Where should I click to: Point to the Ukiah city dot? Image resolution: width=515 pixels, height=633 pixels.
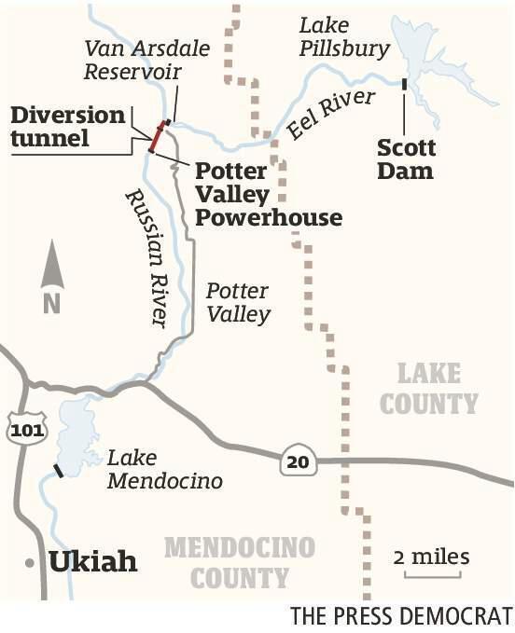tap(32, 563)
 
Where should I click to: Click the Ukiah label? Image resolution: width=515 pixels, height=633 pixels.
tap(93, 562)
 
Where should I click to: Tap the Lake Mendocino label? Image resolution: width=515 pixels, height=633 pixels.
tap(164, 469)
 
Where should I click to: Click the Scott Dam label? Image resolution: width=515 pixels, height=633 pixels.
tap(406, 159)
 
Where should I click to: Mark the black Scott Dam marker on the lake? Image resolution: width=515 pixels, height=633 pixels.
tap(403, 85)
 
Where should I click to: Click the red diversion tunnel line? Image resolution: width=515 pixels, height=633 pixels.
tap(158, 136)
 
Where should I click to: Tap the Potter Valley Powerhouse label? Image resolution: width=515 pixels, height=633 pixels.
tap(267, 195)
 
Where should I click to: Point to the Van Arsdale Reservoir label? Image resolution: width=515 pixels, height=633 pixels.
tap(148, 59)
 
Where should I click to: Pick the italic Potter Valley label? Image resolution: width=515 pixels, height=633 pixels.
tap(238, 303)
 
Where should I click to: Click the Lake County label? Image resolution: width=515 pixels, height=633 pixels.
tap(429, 388)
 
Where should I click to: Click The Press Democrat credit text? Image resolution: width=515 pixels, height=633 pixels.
tap(401, 616)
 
